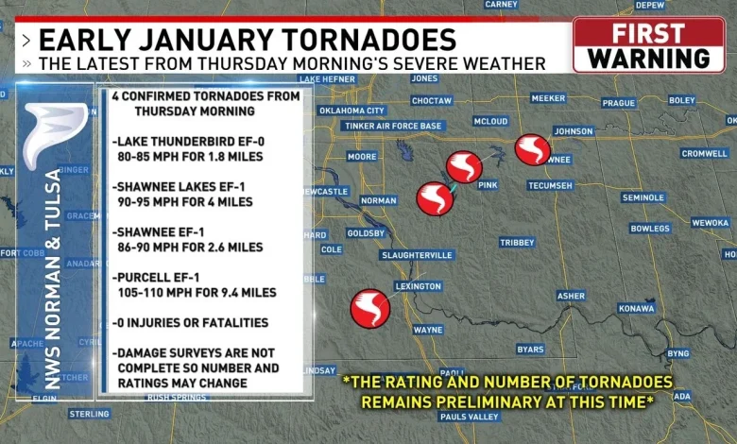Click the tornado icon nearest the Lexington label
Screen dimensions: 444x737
coord(369,309)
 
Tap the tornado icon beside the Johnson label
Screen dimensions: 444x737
coord(533,149)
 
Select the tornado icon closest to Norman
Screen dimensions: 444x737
coord(435,198)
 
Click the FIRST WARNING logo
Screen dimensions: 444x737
coord(648,44)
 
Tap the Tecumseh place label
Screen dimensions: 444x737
coord(550,185)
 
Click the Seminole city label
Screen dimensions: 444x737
coord(643,197)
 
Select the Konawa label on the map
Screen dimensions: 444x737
coord(636,308)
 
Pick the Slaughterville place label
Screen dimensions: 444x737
coord(418,255)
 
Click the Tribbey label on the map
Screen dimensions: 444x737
coord(517,243)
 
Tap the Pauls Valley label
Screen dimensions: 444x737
coord(470,417)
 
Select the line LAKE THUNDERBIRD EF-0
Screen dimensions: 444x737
coord(188,141)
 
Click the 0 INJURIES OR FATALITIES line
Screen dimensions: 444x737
coord(190,323)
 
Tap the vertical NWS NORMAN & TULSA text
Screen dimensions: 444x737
coord(54,279)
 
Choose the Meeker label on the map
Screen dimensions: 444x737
coord(548,98)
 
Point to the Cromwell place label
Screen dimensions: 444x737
coord(704,153)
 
